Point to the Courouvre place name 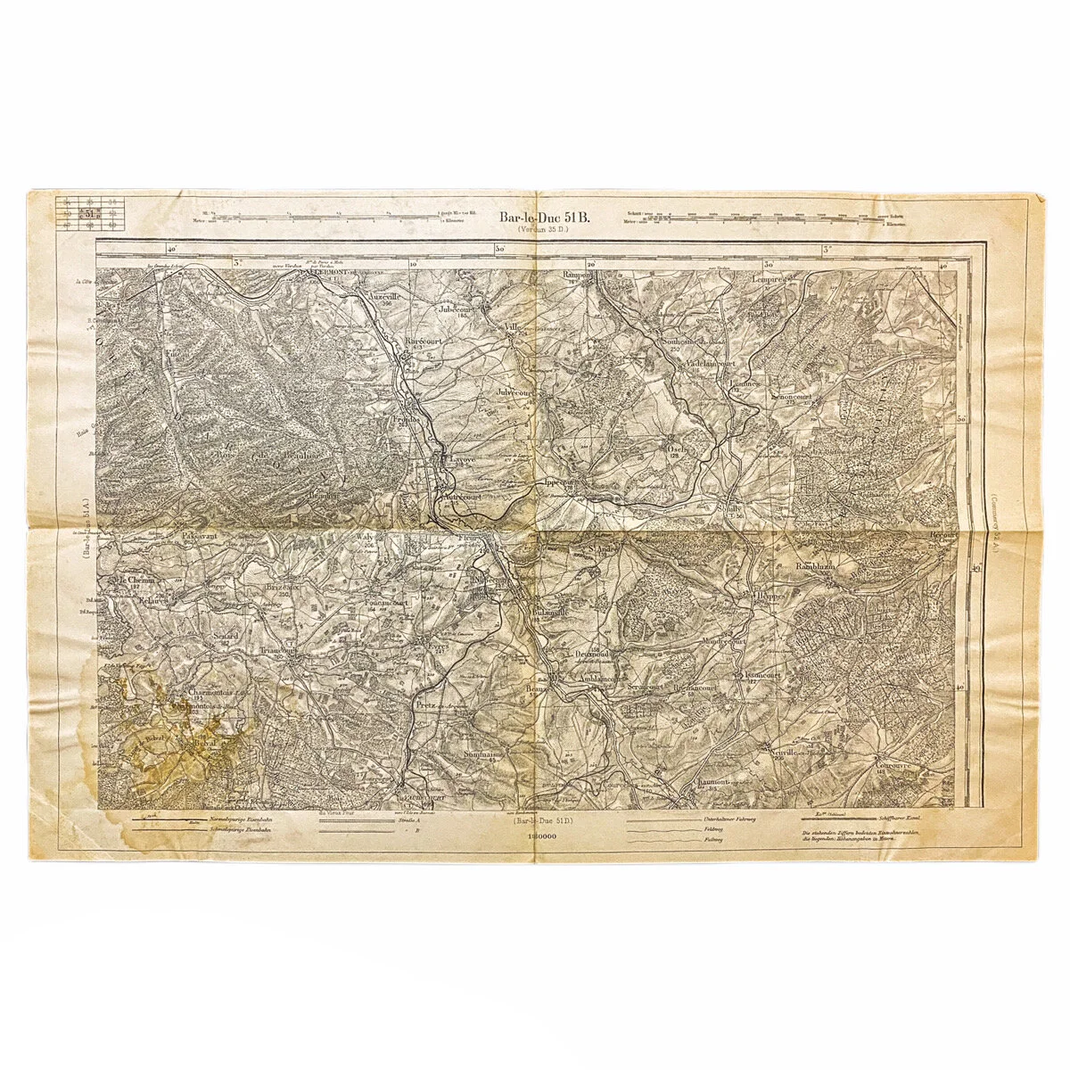click(x=893, y=764)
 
